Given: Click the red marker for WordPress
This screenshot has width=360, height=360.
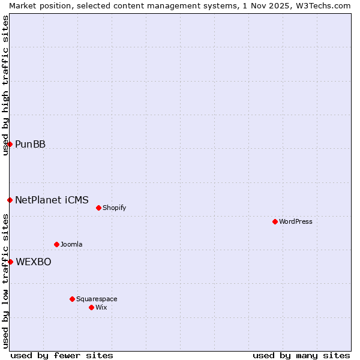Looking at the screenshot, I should click(275, 221).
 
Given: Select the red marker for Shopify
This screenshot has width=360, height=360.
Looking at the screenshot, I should click(99, 208).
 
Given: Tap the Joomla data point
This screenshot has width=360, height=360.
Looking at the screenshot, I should click(57, 244).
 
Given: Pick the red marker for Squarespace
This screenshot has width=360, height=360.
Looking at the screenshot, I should click(73, 299).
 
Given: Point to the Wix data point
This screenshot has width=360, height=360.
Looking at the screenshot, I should click(92, 307).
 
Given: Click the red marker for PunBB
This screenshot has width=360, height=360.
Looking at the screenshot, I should click(10, 144).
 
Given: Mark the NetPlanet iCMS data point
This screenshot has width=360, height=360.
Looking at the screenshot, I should click(10, 200).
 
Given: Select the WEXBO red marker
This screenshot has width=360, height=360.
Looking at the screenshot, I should click(10, 262).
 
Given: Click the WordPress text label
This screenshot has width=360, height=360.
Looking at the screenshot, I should click(296, 222).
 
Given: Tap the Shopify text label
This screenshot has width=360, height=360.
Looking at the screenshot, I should click(115, 208).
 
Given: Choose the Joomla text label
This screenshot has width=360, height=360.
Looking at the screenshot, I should click(71, 245).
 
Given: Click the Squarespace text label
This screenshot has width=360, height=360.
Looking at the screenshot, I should click(97, 299).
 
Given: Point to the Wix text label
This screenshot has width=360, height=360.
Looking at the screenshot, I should click(101, 308).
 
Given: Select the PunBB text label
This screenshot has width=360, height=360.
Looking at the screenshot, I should click(31, 145).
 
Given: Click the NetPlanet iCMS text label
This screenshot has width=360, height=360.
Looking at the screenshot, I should click(52, 200).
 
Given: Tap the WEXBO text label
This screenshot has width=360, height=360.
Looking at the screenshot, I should click(34, 262).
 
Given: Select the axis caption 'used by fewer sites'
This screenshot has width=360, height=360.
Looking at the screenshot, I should click(62, 355).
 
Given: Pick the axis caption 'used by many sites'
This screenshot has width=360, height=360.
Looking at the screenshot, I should click(301, 355).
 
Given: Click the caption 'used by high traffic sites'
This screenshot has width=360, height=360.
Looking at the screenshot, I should click(5, 85).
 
